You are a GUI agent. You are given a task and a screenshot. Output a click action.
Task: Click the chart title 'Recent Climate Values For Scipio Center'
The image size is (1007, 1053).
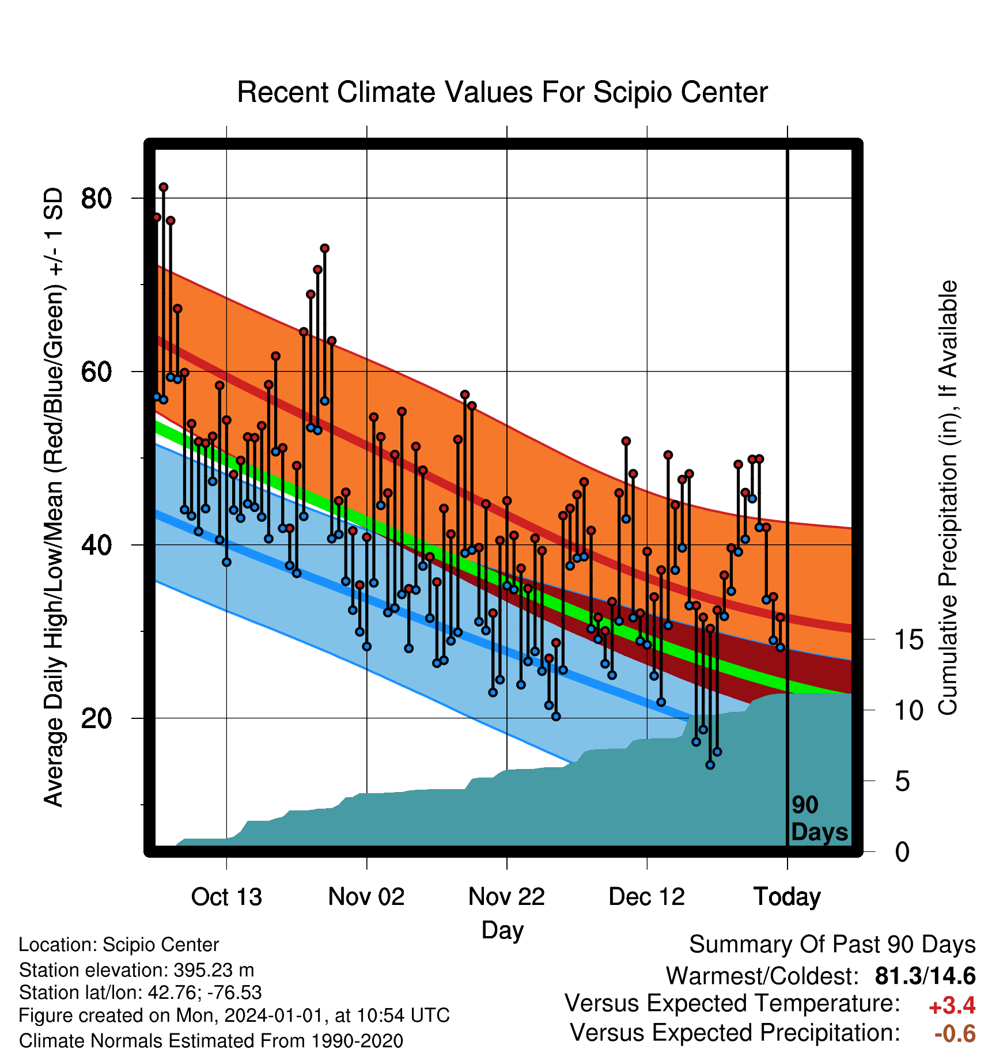pyautogui.click(x=502, y=92)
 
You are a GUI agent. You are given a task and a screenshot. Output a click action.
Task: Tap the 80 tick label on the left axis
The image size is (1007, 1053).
pyautogui.click(x=96, y=199)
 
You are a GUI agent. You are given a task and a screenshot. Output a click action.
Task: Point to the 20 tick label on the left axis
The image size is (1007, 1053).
pyautogui.click(x=96, y=718)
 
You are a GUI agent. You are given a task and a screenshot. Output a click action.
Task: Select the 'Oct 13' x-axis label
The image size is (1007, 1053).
pyautogui.click(x=226, y=897)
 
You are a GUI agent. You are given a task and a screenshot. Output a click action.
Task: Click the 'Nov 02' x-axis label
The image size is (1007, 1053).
pyautogui.click(x=366, y=897)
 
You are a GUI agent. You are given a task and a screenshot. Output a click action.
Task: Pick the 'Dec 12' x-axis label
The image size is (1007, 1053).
pyautogui.click(x=647, y=897)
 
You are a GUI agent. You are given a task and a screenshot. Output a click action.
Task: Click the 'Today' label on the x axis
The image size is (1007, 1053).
pyautogui.click(x=788, y=897)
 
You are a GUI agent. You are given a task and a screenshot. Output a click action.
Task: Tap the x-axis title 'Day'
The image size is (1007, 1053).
pyautogui.click(x=502, y=930)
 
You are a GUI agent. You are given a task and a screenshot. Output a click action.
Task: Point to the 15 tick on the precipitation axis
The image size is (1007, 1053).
pyautogui.click(x=909, y=640)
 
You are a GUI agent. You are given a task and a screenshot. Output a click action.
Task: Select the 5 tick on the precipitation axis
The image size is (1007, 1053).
pyautogui.click(x=902, y=782)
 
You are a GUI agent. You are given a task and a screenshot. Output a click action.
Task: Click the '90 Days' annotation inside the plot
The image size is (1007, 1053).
pyautogui.click(x=819, y=819)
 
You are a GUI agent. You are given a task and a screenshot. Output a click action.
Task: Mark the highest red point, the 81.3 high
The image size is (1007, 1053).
pyautogui.click(x=164, y=187)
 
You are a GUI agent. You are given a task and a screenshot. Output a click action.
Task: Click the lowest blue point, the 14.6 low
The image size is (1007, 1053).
pyautogui.click(x=710, y=765)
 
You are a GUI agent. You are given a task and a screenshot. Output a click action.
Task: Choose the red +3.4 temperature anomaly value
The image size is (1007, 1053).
pyautogui.click(x=952, y=1006)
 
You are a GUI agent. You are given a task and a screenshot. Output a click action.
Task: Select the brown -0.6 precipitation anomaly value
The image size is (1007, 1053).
pyautogui.click(x=955, y=1034)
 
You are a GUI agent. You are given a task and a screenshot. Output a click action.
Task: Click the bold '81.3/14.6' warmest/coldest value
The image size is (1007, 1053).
pyautogui.click(x=925, y=976)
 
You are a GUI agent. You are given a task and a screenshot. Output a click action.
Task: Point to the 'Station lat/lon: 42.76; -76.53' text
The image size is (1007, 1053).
pyautogui.click(x=141, y=993)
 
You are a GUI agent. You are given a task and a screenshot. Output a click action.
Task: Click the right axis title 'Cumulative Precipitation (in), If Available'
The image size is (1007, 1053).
pyautogui.click(x=948, y=498)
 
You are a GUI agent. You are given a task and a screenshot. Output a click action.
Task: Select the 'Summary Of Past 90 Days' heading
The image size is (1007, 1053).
pyautogui.click(x=832, y=945)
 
